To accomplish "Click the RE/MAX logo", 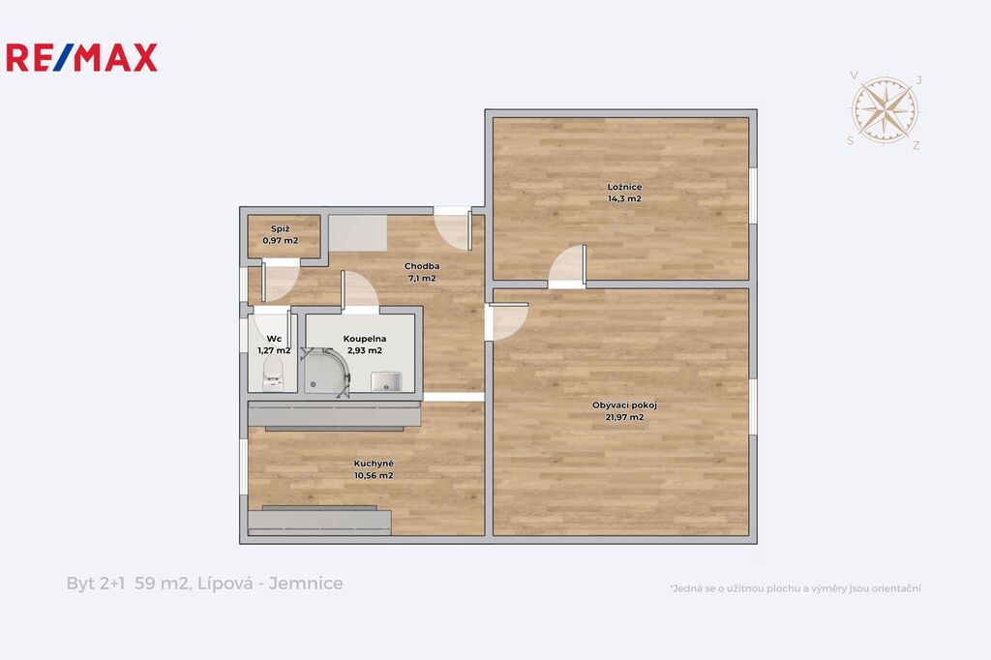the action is (x=81, y=57).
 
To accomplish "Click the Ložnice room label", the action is (x=624, y=187).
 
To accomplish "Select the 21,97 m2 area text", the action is (x=624, y=417).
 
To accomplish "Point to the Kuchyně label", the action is (x=374, y=464).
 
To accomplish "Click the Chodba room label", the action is (x=422, y=266).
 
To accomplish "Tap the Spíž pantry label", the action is (x=280, y=228).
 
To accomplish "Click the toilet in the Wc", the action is (x=273, y=373).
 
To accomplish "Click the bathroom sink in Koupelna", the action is (x=386, y=382).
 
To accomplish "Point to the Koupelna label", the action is (x=365, y=339).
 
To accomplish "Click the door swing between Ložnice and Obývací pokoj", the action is (x=567, y=265).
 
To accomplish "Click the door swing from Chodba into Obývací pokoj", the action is (x=508, y=321).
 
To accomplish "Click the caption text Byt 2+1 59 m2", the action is (x=129, y=583).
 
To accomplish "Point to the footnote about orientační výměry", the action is (x=796, y=588).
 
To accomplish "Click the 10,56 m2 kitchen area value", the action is (x=374, y=475).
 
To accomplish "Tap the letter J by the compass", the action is (x=919, y=79).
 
